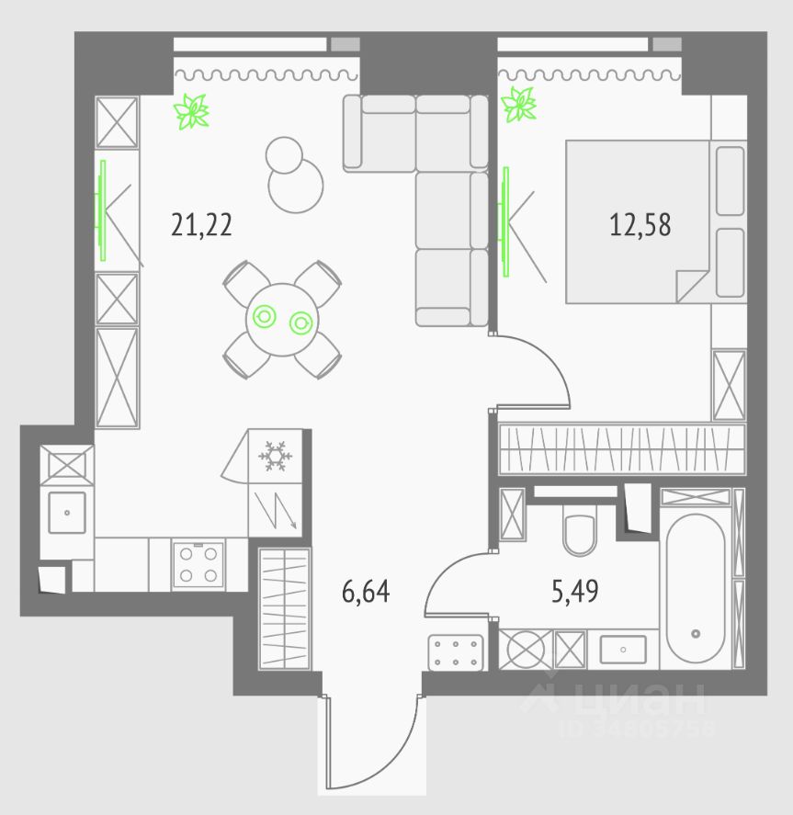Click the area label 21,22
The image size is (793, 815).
click(201, 224)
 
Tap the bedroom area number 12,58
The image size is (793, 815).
click(640, 224)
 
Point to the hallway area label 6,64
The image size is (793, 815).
click(366, 592)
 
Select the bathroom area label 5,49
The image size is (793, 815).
click(575, 592)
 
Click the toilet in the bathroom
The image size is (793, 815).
click(579, 534)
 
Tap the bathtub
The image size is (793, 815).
click(696, 588)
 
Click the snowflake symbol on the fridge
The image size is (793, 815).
click(273, 455)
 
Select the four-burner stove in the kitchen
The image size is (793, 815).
click(198, 564)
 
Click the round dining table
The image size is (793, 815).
click(281, 320)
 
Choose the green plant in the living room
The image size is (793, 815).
click(193, 111)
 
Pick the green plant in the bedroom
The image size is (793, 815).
click(519, 104)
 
